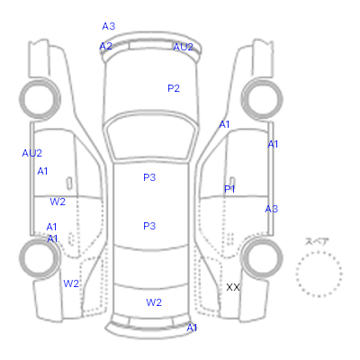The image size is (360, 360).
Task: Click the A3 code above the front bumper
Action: point(109,26)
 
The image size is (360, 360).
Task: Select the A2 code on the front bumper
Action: point(106,46)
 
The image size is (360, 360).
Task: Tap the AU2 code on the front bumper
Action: point(183,47)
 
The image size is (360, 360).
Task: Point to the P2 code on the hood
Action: point(174,88)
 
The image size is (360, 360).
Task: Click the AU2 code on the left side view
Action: point(32,153)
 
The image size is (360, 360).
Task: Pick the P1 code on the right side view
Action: point(229,189)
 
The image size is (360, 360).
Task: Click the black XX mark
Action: point(233,287)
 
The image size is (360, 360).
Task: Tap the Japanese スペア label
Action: point(317,241)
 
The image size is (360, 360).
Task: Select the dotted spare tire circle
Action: point(319,252)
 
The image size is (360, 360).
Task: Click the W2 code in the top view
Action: point(154,302)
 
